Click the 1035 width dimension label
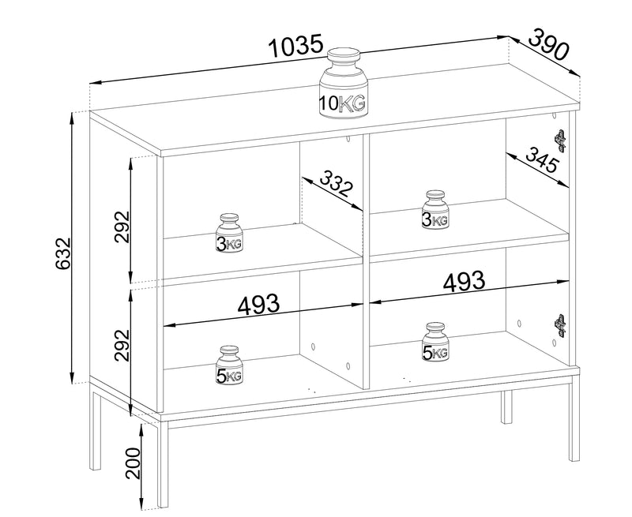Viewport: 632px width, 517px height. [296, 46]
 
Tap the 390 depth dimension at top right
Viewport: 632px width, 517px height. [548, 45]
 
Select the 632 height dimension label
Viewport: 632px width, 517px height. [63, 253]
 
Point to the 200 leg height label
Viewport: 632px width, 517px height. [133, 463]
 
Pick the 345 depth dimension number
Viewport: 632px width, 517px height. [543, 159]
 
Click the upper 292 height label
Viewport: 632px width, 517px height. [122, 227]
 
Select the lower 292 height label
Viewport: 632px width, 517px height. [122, 346]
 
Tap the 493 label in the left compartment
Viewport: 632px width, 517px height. [258, 305]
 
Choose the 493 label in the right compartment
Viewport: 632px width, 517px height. [464, 280]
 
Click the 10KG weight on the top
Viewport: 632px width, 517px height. [344, 84]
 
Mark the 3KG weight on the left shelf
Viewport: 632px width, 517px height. [230, 234]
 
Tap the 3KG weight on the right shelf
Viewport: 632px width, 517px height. [435, 209]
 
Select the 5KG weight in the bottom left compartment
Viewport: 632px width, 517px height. [230, 365]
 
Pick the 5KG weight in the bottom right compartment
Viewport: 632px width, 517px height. [435, 342]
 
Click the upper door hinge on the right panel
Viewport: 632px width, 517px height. [560, 141]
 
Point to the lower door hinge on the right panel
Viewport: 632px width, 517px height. [560, 325]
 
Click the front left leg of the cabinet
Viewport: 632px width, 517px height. [163, 464]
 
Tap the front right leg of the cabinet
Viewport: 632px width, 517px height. [574, 422]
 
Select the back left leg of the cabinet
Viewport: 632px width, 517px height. [95, 426]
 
